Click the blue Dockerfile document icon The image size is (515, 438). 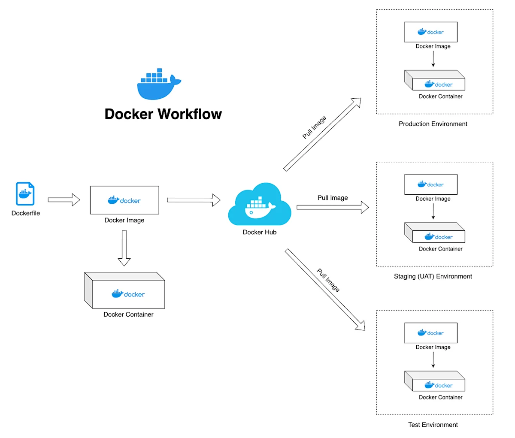pos(25,194)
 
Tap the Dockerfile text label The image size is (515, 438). pos(26,213)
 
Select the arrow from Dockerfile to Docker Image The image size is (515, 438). pos(64,200)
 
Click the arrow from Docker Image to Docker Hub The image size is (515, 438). pos(194,200)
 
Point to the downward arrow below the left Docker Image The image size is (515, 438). pos(124,248)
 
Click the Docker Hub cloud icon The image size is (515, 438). pos(259,205)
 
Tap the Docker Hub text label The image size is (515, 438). pos(260,232)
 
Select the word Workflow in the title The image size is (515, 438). pos(190,114)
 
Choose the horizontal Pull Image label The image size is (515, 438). pos(333,198)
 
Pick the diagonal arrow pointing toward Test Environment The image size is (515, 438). pos(324,289)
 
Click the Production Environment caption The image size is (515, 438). pos(433,124)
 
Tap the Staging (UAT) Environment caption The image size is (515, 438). pos(433,276)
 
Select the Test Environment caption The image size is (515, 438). pos(433,425)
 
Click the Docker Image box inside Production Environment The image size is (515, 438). pos(430,32)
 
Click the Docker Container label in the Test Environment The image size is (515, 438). pos(440,397)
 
